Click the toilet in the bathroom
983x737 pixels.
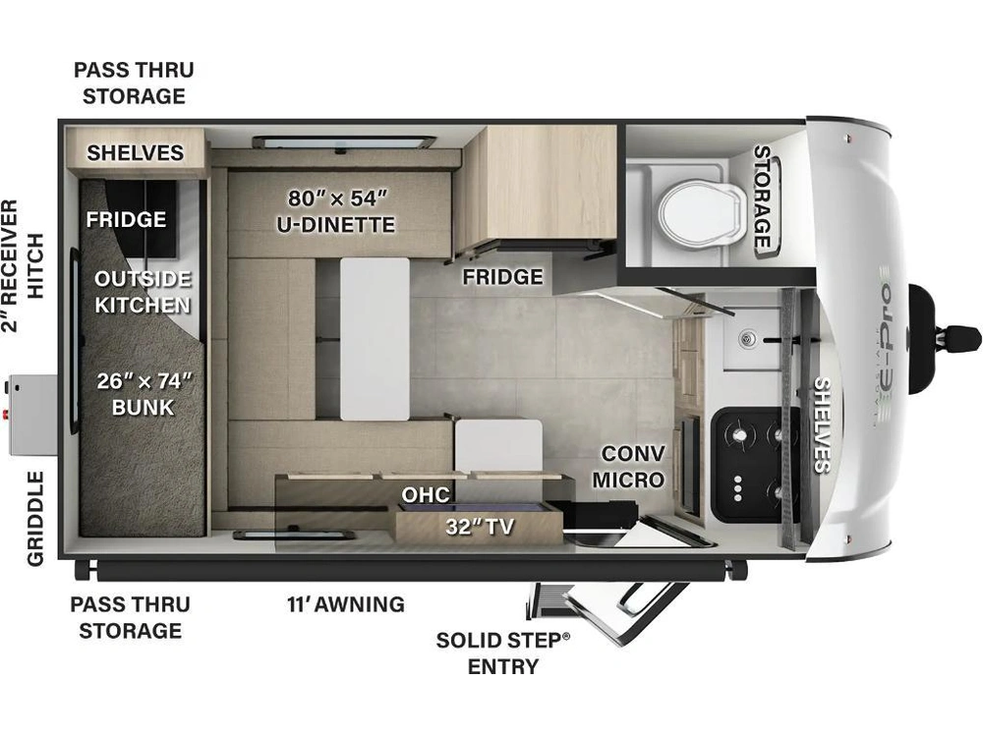[702, 213]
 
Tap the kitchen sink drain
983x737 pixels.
[747, 340]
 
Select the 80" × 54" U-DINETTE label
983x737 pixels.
[336, 211]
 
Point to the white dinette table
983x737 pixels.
[375, 338]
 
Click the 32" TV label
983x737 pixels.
[480, 527]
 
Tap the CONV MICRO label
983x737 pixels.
[629, 466]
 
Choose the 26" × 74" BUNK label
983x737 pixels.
[144, 394]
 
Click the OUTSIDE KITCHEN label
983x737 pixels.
[143, 292]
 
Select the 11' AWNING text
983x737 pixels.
[346, 604]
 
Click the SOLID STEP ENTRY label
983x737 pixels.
[503, 653]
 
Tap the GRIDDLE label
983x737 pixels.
[35, 519]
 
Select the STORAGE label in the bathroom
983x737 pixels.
[763, 198]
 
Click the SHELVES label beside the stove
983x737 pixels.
[822, 425]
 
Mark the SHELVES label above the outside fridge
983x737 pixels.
[136, 152]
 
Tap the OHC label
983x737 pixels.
[426, 494]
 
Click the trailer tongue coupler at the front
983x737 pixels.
[945, 338]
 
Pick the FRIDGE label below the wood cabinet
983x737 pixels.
[502, 276]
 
